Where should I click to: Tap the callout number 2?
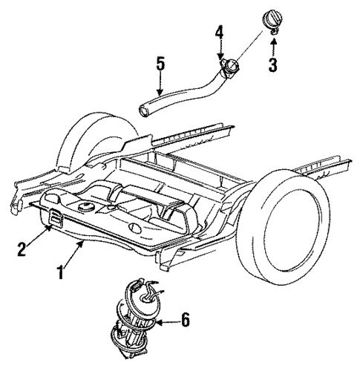coord(23,248)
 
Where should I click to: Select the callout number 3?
coord(272,66)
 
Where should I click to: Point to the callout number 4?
coord(220,33)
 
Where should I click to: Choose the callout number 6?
coord(186,321)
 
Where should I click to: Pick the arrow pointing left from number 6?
coord(168,321)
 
